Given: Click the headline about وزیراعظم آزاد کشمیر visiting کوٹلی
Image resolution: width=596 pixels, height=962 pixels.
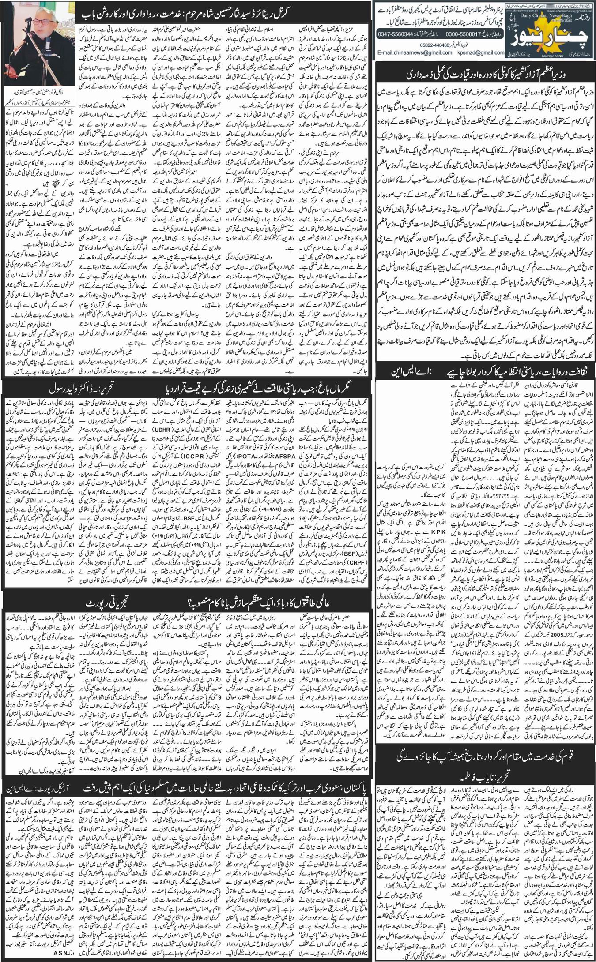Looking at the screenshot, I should click(485, 75).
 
